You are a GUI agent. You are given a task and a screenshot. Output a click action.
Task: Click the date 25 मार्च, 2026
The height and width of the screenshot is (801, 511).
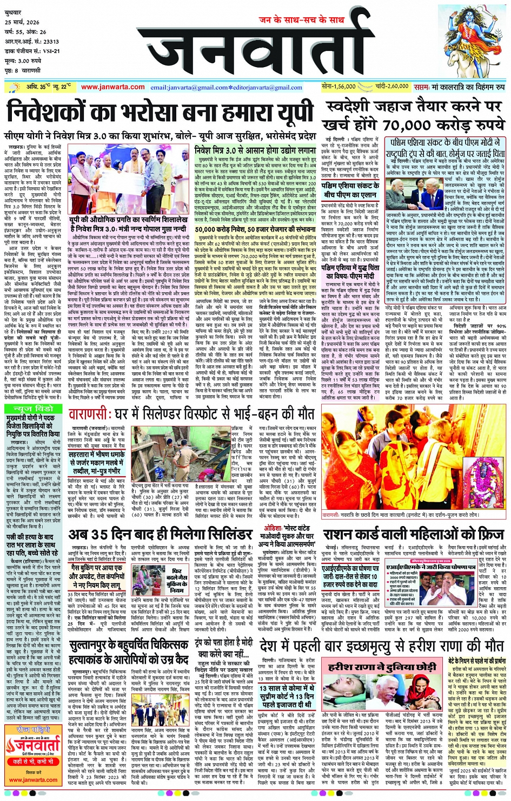tap(22, 22)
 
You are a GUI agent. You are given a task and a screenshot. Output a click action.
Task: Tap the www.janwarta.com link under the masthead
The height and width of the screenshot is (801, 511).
tap(113, 87)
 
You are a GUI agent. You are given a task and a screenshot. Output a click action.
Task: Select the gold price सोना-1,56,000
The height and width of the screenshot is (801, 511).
tap(339, 87)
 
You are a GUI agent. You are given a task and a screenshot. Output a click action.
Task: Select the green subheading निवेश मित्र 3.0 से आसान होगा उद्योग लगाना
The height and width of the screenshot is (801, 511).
tap(255, 150)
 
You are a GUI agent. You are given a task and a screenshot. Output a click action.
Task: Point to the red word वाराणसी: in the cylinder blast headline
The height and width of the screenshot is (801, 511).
tap(89, 414)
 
